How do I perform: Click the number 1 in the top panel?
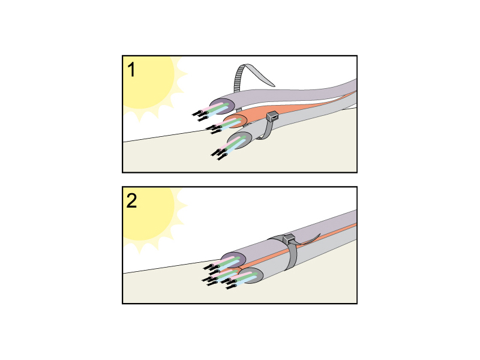[x=131, y=70]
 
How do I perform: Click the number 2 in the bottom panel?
[x=131, y=201]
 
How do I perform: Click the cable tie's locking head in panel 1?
[x=272, y=116]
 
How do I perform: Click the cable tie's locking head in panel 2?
[x=289, y=238]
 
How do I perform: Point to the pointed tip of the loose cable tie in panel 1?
[x=274, y=85]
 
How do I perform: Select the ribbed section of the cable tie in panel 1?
[x=239, y=79]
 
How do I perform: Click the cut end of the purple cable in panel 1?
[x=223, y=107]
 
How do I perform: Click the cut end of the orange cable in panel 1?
[x=236, y=122]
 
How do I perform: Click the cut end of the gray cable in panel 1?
[x=241, y=140]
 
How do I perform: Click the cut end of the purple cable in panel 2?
[x=233, y=260]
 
